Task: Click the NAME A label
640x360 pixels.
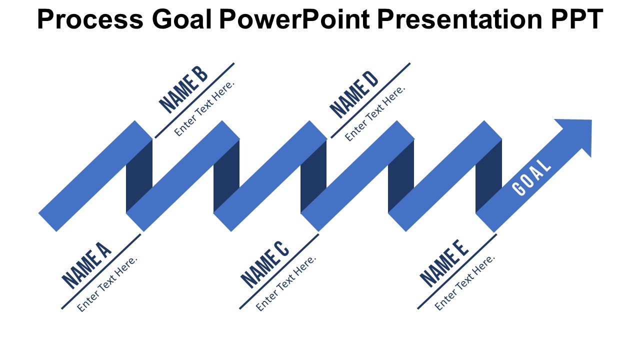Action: pos(86,265)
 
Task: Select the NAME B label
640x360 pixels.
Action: pos(183,89)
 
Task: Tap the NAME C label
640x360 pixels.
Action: pos(264,264)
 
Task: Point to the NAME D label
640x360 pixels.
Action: pos(354,94)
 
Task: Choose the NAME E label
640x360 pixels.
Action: pos(444,263)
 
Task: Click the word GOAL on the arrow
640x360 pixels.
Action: pos(531,177)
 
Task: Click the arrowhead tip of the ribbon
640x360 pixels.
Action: pos(591,120)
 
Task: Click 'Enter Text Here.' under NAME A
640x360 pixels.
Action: pos(107,284)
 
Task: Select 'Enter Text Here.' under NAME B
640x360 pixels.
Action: pos(204,108)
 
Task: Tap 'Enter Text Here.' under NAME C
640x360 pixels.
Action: pos(286,283)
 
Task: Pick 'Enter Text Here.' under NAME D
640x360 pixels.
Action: pos(375,113)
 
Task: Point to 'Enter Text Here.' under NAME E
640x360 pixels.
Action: pos(464,282)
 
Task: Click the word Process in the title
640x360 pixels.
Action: pos(90,19)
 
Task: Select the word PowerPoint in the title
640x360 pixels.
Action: pos(294,19)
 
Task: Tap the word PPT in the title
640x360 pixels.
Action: pos(576,19)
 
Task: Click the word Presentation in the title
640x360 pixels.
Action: pos(459,19)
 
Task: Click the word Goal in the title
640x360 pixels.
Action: pos(182,19)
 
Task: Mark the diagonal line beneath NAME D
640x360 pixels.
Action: pos(370,100)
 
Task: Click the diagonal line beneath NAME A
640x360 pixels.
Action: pos(101,271)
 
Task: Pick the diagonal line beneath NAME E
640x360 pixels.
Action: pos(457,271)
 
